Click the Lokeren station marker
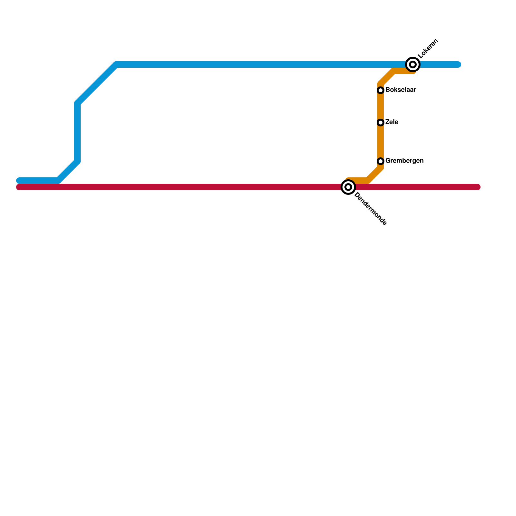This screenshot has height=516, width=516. pyautogui.click(x=413, y=64)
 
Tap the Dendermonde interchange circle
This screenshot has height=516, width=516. pyautogui.click(x=348, y=187)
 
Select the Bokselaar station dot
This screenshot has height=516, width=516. pyautogui.click(x=381, y=90)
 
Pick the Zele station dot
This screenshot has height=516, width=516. pyautogui.click(x=381, y=123)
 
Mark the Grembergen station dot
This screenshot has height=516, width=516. pyautogui.click(x=381, y=161)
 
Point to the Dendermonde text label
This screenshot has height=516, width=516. pyautogui.click(x=371, y=209)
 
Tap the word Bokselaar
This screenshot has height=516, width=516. pyautogui.click(x=401, y=90)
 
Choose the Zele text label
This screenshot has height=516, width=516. pyautogui.click(x=392, y=122)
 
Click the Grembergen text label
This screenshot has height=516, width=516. pyautogui.click(x=404, y=161)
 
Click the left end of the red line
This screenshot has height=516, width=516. pyautogui.click(x=19, y=187)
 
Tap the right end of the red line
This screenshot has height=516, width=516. pyautogui.click(x=478, y=187)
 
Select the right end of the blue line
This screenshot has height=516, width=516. pyautogui.click(x=459, y=64)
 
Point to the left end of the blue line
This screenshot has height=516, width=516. pyautogui.click(x=19, y=180)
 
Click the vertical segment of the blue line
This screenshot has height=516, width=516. pyautogui.click(x=77, y=132)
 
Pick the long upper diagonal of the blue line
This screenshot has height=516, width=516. pyautogui.click(x=97, y=84)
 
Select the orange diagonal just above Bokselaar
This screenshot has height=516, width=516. pyautogui.click(x=387, y=77)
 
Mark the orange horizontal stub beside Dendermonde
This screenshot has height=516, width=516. pyautogui.click(x=358, y=181)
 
